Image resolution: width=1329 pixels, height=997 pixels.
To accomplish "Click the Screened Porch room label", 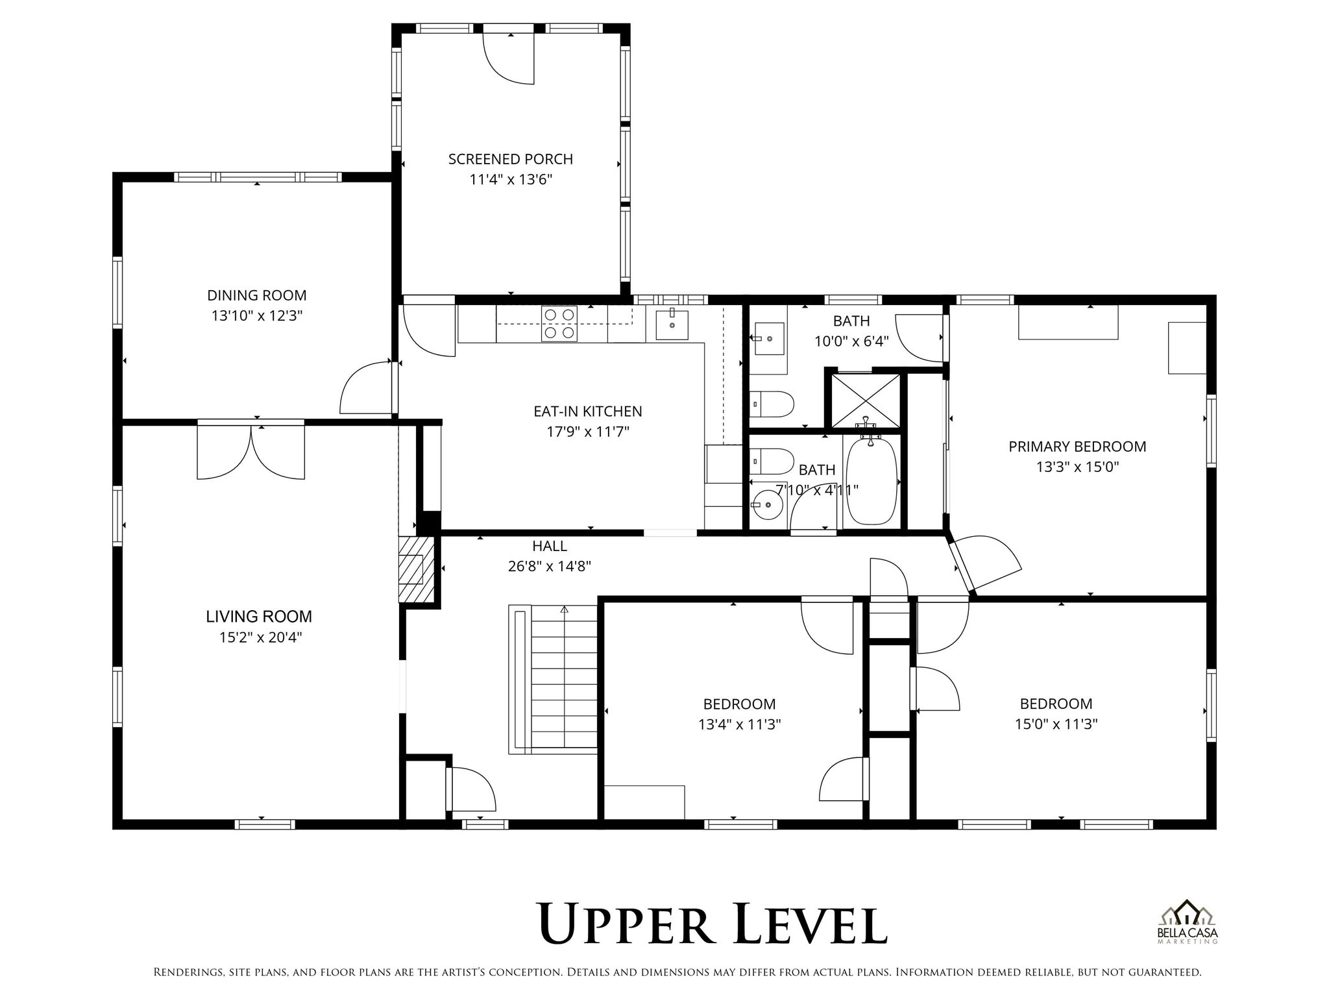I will pyautogui.click(x=510, y=159).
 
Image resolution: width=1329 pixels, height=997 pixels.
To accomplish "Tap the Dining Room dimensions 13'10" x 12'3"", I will pyautogui.click(x=257, y=316).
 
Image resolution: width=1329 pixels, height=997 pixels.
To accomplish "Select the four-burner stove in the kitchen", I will pyautogui.click(x=559, y=323).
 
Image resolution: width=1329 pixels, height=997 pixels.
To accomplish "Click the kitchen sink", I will pyautogui.click(x=671, y=324).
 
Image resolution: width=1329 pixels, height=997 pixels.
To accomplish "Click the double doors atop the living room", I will pyautogui.click(x=250, y=451).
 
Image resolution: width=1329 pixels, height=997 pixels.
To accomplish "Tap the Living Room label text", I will pyautogui.click(x=259, y=617).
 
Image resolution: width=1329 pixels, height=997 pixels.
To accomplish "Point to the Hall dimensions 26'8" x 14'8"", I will pyautogui.click(x=549, y=567).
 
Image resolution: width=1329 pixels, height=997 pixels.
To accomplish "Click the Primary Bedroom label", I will pyautogui.click(x=1077, y=447).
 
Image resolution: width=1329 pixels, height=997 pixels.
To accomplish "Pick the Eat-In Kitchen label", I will pyautogui.click(x=587, y=412).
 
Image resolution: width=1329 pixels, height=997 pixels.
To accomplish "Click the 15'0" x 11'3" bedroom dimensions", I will pyautogui.click(x=1056, y=724).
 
